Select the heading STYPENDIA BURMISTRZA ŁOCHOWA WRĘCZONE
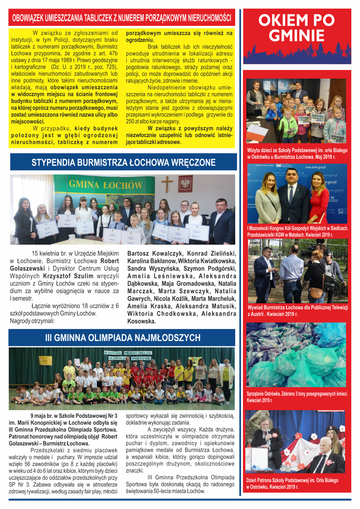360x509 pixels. [x=123, y=163]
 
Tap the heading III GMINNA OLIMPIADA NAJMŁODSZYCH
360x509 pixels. [x=122, y=338]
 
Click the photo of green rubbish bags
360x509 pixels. [x=296, y=355]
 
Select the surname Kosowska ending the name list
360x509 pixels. [x=142, y=321]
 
